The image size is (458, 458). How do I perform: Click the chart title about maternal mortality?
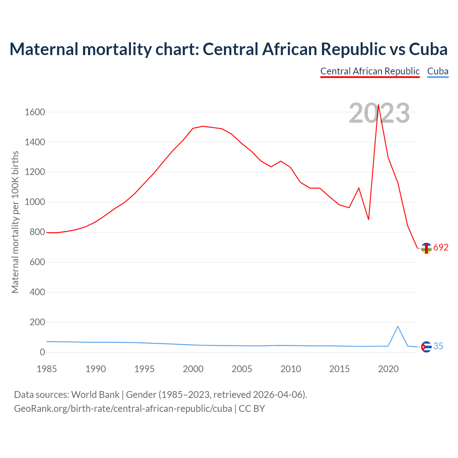(x=228, y=49)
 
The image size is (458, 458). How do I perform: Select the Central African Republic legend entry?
(x=370, y=71)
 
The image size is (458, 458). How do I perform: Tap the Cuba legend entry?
(x=438, y=71)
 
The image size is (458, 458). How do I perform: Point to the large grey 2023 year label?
(x=379, y=113)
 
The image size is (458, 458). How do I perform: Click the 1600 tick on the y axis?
(x=35, y=112)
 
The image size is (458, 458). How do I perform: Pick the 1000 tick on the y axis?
(x=35, y=202)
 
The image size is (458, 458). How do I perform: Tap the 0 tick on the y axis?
(x=43, y=352)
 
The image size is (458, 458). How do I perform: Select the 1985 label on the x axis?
(x=47, y=369)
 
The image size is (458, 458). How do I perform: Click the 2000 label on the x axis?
(x=193, y=369)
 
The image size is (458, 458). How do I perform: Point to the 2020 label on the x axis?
(x=388, y=369)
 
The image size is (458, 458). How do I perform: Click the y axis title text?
(x=15, y=222)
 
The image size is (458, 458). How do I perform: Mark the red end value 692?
(x=441, y=248)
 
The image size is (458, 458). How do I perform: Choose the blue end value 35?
(x=438, y=346)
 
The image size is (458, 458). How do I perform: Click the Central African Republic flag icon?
(x=426, y=248)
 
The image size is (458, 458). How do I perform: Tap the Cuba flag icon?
(x=426, y=347)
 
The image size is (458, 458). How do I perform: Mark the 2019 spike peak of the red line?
(x=378, y=105)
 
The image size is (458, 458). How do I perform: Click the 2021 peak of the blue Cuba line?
(x=398, y=326)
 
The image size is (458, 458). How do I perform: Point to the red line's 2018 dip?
(x=369, y=219)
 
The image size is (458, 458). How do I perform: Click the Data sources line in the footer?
(x=161, y=395)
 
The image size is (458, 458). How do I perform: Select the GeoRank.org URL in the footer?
(x=123, y=409)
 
